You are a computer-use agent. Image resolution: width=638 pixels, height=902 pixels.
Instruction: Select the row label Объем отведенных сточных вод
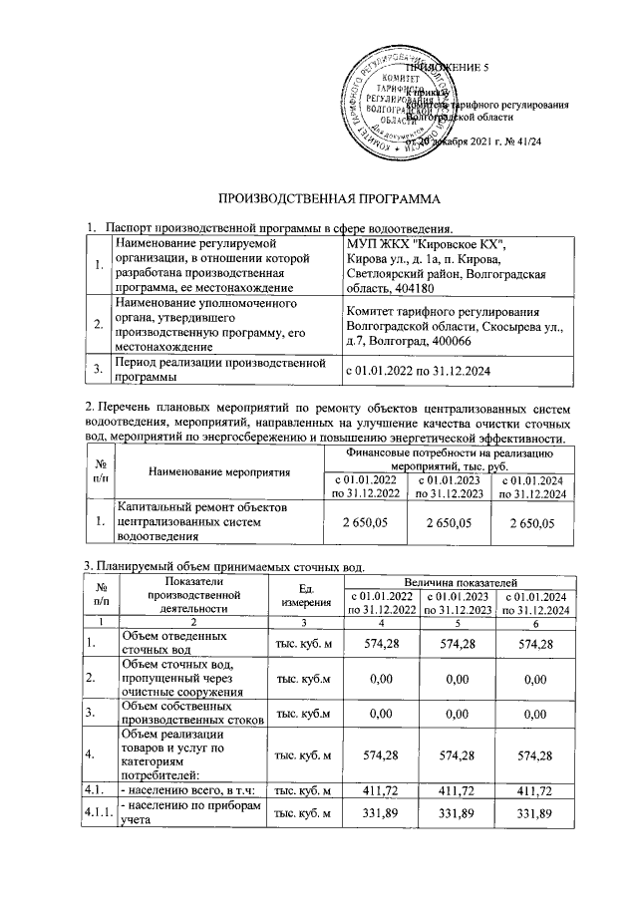coord(164,642)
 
